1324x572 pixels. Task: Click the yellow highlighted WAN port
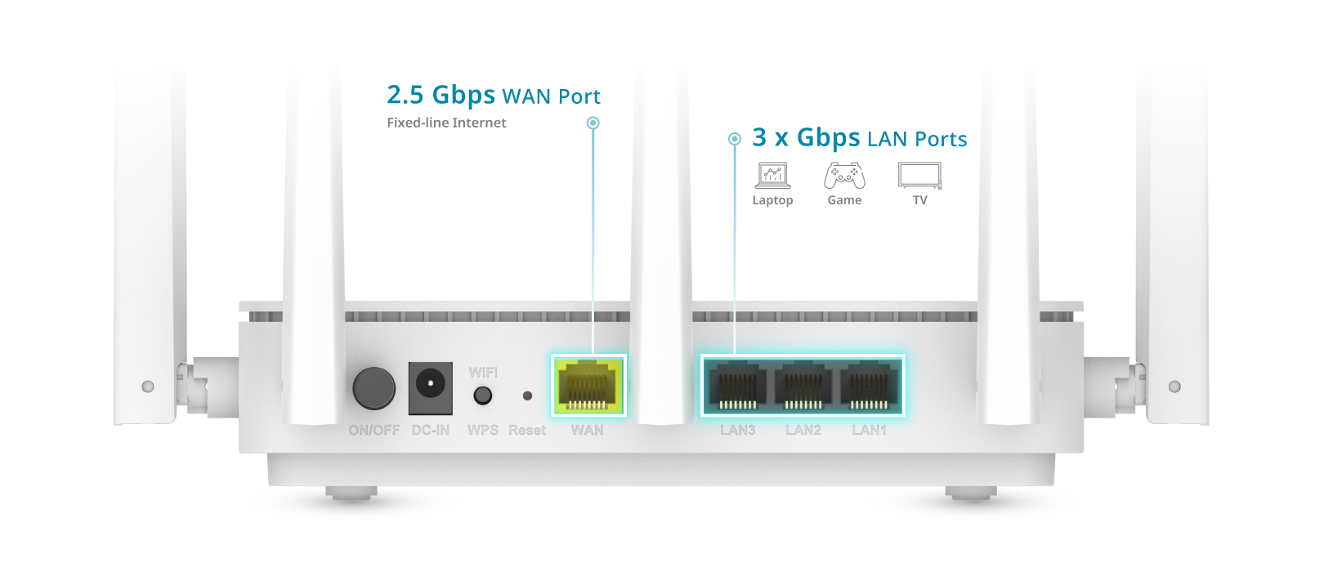588,386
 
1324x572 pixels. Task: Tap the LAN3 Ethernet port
736,386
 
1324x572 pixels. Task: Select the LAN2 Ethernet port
803,386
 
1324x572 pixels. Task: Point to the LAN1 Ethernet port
869,386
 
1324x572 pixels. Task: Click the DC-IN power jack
430,386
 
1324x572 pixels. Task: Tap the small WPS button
483,396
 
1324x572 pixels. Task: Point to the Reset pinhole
527,395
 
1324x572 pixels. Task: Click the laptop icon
772,175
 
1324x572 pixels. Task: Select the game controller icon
844,175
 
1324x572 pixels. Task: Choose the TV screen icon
919,175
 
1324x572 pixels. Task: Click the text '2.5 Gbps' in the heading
441,96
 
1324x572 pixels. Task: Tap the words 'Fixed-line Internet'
446,123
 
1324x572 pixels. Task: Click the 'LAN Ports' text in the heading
917,139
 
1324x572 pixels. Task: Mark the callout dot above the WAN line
593,123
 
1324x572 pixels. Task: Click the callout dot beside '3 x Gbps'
735,139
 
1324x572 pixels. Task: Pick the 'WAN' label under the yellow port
588,430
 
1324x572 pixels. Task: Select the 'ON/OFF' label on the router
374,430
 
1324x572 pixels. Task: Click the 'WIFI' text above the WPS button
483,373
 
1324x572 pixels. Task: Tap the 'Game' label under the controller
844,200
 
